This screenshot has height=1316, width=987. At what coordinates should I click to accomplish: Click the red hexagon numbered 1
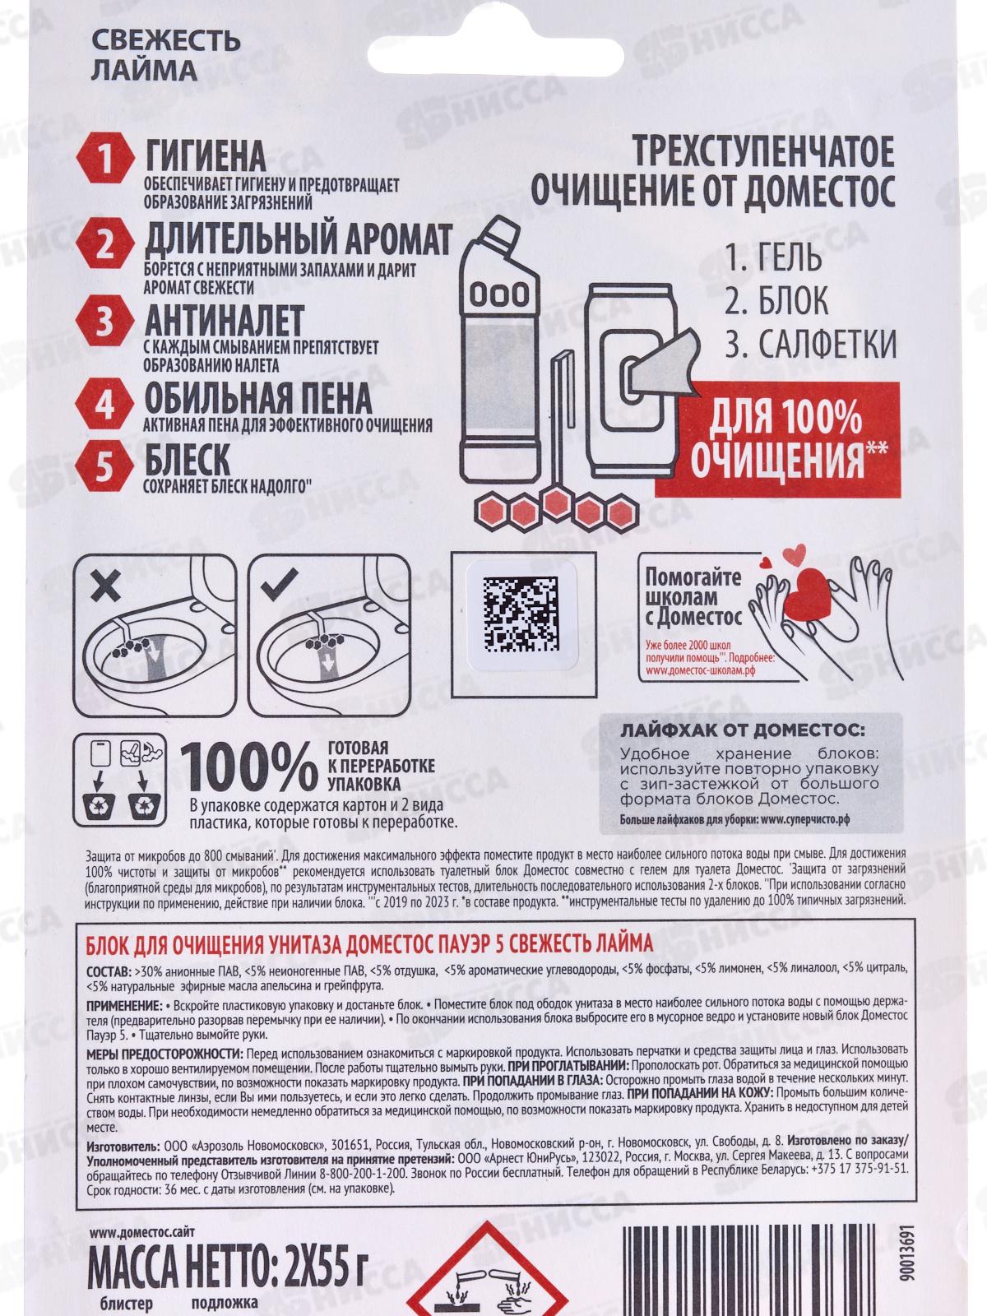[x=105, y=158]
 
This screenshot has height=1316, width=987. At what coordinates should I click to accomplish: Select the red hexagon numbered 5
[x=105, y=466]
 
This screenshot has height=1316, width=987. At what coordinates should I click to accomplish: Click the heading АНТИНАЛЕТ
[x=225, y=321]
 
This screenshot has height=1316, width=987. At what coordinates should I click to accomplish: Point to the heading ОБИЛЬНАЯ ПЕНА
[x=258, y=397]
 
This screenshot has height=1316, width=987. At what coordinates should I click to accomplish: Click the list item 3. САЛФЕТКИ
[x=810, y=344]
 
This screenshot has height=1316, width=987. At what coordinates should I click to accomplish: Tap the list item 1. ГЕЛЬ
[x=773, y=257]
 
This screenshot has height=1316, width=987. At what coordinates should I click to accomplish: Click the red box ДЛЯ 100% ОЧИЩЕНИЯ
[x=777, y=439]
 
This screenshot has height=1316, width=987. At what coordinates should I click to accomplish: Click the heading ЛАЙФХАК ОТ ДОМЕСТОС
[x=743, y=731]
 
